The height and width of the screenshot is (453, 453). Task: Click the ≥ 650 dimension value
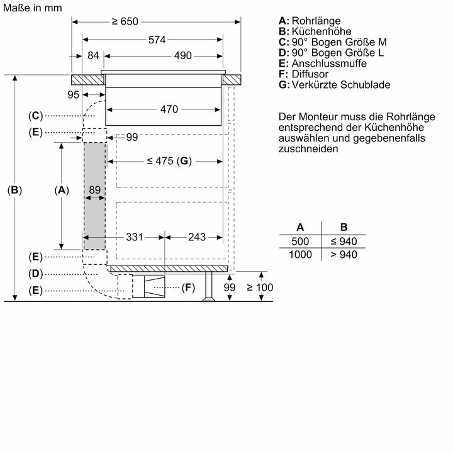click(125, 22)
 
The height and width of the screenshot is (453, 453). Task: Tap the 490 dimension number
click(182, 56)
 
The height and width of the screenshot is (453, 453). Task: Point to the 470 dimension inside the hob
click(169, 109)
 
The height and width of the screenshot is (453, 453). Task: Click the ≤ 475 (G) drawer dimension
click(168, 160)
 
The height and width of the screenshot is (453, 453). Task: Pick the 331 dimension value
click(135, 237)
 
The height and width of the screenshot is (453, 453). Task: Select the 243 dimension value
click(196, 237)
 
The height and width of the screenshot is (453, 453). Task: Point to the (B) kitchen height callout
click(14, 189)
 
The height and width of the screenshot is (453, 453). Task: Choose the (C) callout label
click(35, 116)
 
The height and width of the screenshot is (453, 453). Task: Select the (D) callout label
click(35, 274)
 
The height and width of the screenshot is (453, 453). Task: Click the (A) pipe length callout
click(61, 189)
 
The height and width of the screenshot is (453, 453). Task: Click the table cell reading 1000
click(300, 254)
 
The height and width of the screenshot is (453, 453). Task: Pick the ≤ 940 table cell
click(344, 241)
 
